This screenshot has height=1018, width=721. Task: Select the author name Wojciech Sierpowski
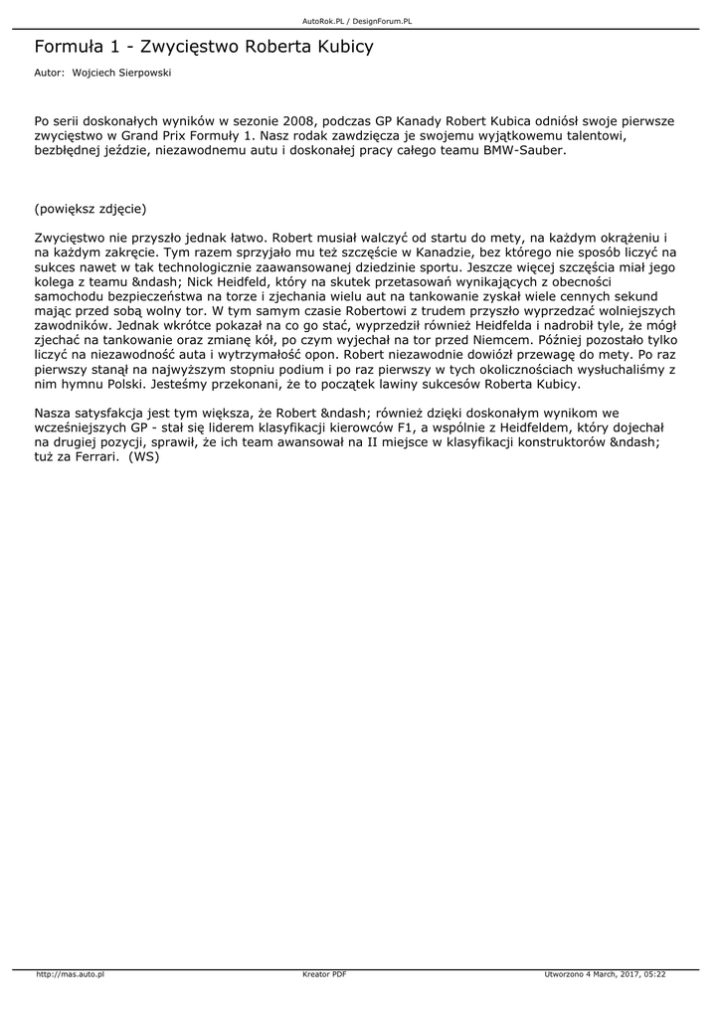(114, 73)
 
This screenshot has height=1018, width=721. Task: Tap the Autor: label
(49, 73)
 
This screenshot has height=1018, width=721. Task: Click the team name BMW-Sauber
(524, 151)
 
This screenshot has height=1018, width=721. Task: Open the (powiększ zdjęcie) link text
(90, 209)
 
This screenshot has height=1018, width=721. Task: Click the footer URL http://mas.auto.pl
(71, 974)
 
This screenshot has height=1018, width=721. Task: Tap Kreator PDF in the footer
(324, 974)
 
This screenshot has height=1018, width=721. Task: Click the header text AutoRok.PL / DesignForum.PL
(357, 21)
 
